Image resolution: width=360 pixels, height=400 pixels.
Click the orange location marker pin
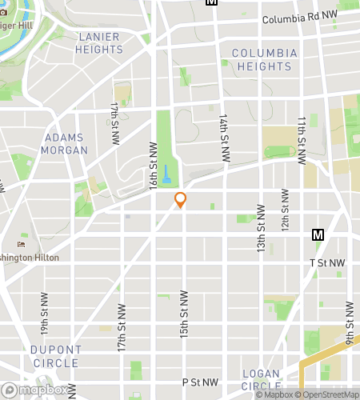[181, 200]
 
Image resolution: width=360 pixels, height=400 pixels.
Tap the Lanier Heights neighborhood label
[99, 43]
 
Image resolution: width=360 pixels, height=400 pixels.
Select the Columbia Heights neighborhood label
[265, 60]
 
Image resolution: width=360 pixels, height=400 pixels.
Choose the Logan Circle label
[261, 381]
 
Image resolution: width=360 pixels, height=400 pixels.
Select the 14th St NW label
[222, 131]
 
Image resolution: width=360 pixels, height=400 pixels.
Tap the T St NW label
[327, 262]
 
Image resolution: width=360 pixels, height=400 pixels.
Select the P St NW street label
[200, 383]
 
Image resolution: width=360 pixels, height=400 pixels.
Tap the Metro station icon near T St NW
[318, 235]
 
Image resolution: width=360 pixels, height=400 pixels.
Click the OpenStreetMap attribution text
[329, 394]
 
